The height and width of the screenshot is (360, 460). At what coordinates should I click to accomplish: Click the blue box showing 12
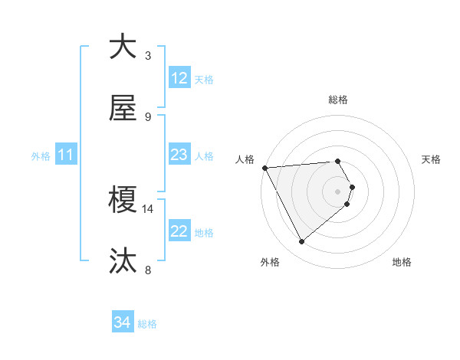pyautogui.click(x=179, y=78)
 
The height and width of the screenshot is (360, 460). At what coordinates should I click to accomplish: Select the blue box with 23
pyautogui.click(x=179, y=155)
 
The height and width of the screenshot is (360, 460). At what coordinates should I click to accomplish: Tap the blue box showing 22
pyautogui.click(x=179, y=232)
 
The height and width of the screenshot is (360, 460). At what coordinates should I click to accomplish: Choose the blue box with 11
pyautogui.click(x=66, y=155)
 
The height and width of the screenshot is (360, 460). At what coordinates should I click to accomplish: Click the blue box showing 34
pyautogui.click(x=123, y=323)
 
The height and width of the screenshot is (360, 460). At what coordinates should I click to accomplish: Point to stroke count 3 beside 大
pyautogui.click(x=148, y=55)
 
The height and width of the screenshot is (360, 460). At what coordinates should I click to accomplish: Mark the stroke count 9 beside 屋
pyautogui.click(x=148, y=116)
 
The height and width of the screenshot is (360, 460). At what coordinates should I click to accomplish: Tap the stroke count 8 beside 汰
pyautogui.click(x=148, y=270)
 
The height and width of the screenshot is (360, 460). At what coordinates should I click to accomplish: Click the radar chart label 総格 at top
pyautogui.click(x=338, y=100)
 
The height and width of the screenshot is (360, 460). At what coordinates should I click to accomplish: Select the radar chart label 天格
pyautogui.click(x=432, y=159)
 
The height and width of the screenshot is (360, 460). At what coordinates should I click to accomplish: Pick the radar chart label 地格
pyautogui.click(x=402, y=262)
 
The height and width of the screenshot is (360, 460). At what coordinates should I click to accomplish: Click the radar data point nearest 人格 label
pyautogui.click(x=264, y=168)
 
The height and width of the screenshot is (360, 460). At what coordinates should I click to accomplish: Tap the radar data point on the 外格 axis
pyautogui.click(x=301, y=242)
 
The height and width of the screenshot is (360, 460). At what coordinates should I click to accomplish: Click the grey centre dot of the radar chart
pyautogui.click(x=338, y=191)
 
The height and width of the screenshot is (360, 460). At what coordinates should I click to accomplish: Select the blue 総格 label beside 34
pyautogui.click(x=147, y=324)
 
